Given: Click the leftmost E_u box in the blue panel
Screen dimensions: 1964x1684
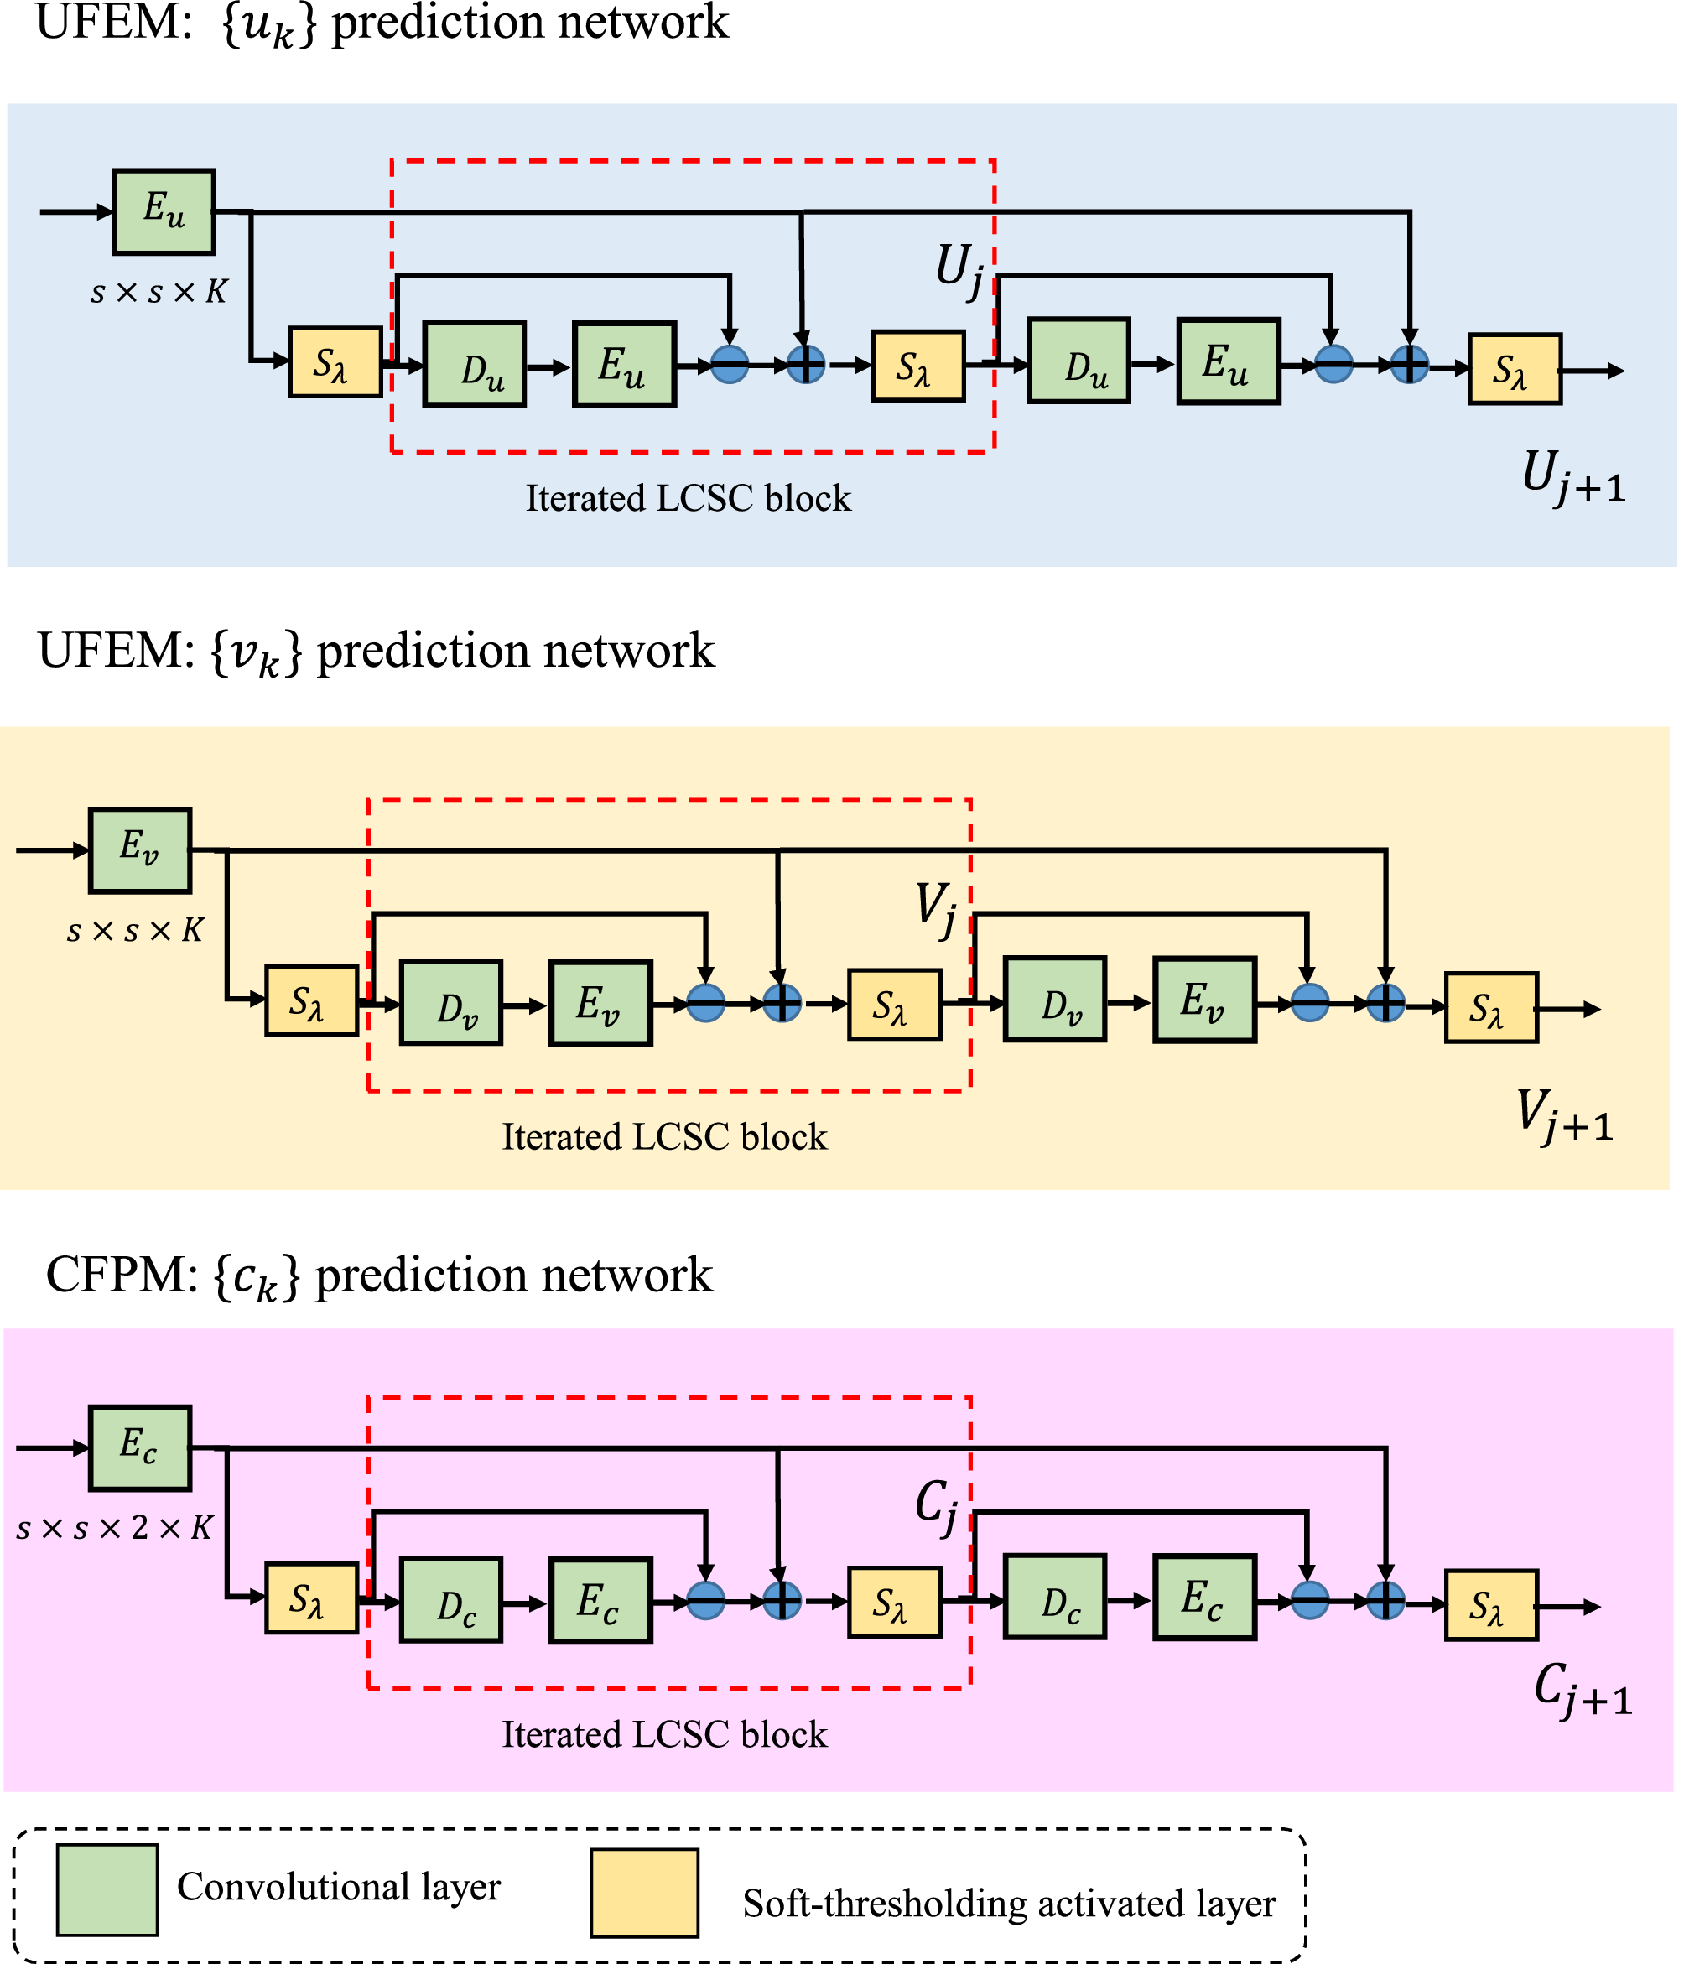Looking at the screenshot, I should click(x=164, y=211).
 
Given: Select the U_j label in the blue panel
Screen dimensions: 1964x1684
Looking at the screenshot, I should click(x=960, y=270).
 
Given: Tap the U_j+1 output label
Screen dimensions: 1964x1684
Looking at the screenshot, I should click(x=1573, y=477).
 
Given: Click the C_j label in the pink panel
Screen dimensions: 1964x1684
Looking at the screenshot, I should click(x=936, y=1506).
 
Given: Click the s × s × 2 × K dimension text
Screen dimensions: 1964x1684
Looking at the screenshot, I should click(x=115, y=1528).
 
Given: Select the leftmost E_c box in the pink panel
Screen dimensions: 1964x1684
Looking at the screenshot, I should click(x=139, y=1447).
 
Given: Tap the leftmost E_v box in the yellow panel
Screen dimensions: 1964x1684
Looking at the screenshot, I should click(x=139, y=850).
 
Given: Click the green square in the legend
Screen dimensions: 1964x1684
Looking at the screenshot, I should click(x=107, y=1889).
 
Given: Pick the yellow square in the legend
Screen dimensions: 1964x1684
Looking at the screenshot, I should click(x=644, y=1893).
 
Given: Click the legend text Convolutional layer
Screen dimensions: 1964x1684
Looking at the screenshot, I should click(x=338, y=1886).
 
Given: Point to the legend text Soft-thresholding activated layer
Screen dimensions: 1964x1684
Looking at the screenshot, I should click(x=1008, y=1904).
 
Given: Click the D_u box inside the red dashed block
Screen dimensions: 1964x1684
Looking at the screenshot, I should click(x=474, y=364).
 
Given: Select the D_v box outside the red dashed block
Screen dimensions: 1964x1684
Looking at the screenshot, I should click(x=1055, y=999).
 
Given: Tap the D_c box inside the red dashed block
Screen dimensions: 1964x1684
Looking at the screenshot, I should click(x=451, y=1599).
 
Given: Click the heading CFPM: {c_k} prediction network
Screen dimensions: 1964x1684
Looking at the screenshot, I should click(x=379, y=1276).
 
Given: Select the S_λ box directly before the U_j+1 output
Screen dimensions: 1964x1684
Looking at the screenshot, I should click(x=1515, y=369).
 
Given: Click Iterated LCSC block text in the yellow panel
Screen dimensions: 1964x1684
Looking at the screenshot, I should click(x=664, y=1136).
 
